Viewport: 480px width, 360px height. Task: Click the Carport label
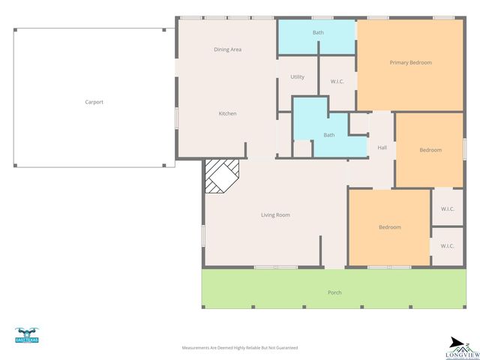coord(94,102)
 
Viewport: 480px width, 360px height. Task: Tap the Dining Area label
coord(227,49)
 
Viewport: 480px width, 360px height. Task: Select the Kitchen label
coord(227,113)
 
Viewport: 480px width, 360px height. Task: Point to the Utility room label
coord(297,77)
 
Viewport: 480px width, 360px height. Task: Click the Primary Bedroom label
coord(410,62)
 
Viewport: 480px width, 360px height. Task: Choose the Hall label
coord(382,148)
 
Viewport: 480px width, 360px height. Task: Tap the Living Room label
coord(275,215)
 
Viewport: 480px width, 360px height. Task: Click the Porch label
coord(334,292)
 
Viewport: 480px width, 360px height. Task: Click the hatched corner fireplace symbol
coord(222,177)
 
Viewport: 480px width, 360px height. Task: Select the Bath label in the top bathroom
coord(318,33)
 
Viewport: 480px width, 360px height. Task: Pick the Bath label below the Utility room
coord(328,135)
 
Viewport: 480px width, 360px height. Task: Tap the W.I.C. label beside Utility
coord(337,81)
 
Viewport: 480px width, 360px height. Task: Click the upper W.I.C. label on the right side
coord(447,208)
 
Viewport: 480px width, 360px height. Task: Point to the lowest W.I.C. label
coord(447,245)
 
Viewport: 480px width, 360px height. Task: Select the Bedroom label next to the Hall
coord(430,150)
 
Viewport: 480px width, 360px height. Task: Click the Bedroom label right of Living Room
coord(389,227)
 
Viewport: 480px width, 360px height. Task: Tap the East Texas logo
coord(27,335)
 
